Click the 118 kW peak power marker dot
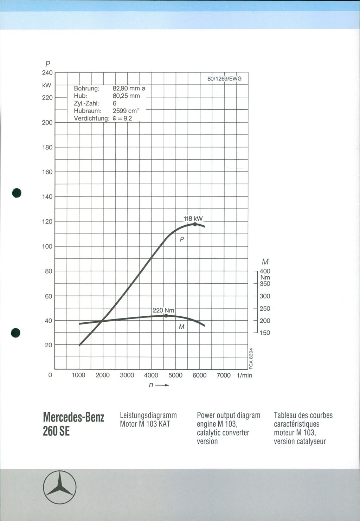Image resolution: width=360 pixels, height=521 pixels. coord(195,224)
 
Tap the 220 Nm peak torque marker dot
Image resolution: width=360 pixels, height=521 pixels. coord(166,316)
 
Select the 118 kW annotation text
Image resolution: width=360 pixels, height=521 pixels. coord(193,218)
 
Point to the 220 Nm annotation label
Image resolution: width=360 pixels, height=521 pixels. coord(163,310)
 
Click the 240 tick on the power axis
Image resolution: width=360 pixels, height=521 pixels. coord(47,73)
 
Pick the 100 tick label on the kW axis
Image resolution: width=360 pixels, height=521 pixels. coord(47,246)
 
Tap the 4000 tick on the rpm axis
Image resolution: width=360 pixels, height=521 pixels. coord(151,375)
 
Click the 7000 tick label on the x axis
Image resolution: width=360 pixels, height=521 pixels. coord(224,375)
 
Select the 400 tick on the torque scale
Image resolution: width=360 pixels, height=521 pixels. coord(265,271)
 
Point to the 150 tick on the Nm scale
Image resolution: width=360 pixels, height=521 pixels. coord(265,333)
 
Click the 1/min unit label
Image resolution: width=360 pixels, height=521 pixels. coord(245,375)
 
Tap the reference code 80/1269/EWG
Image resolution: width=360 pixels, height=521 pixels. coord(224,79)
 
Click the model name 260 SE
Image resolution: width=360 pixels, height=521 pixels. coord(56,431)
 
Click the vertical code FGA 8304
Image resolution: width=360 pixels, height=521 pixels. coord(251,359)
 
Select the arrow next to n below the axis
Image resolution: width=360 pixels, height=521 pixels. coord(162,385)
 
